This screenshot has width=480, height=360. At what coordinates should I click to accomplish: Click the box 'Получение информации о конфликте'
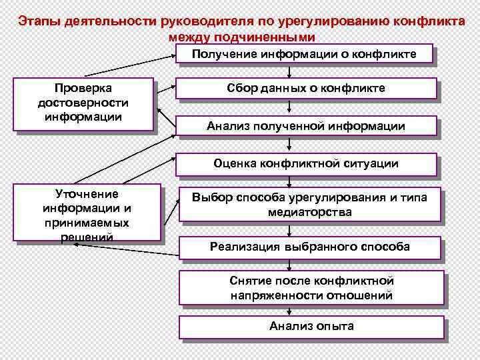[305, 54]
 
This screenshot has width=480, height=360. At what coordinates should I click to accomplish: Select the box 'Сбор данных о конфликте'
[306, 88]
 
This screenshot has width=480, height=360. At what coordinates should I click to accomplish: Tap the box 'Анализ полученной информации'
[306, 125]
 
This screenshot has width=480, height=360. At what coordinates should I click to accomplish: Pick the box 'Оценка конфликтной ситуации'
[306, 163]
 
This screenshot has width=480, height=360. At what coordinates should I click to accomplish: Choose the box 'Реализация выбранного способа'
[310, 247]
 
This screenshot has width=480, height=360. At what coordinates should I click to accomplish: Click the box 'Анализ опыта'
[311, 326]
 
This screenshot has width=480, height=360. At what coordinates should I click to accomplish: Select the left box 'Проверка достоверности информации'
[83, 103]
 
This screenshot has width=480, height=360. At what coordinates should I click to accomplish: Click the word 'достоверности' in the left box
[83, 103]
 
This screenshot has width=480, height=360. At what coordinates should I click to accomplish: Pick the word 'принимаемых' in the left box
[87, 223]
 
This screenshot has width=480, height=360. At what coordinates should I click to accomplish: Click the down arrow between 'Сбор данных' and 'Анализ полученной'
[289, 107]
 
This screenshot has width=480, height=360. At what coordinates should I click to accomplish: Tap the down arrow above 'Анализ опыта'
[289, 310]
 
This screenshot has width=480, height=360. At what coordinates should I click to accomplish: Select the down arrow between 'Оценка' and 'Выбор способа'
[289, 182]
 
